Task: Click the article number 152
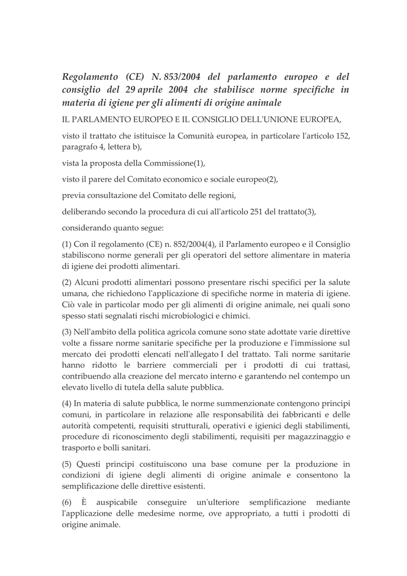coord(343,137)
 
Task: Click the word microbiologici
coord(181,315)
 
